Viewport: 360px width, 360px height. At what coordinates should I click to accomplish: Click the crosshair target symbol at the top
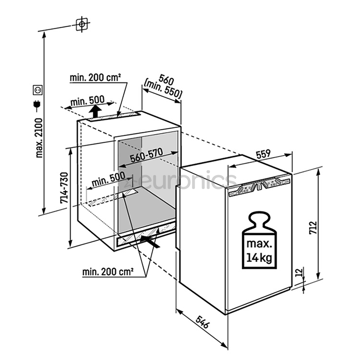point(82,24)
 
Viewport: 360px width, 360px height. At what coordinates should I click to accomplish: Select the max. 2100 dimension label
point(39,137)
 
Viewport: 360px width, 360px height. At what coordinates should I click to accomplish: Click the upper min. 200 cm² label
point(95,78)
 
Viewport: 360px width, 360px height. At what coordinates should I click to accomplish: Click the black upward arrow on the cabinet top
point(96,111)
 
